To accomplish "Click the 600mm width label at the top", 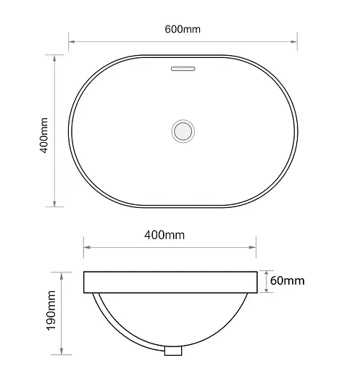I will pos(182,29).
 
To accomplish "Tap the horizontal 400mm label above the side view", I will pos(164,234).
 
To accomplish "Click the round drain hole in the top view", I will pos(183,130).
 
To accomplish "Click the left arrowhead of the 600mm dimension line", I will pos(72,41).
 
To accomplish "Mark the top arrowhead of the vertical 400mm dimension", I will pos(56,57).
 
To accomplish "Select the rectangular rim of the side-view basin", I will pos(170,282).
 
